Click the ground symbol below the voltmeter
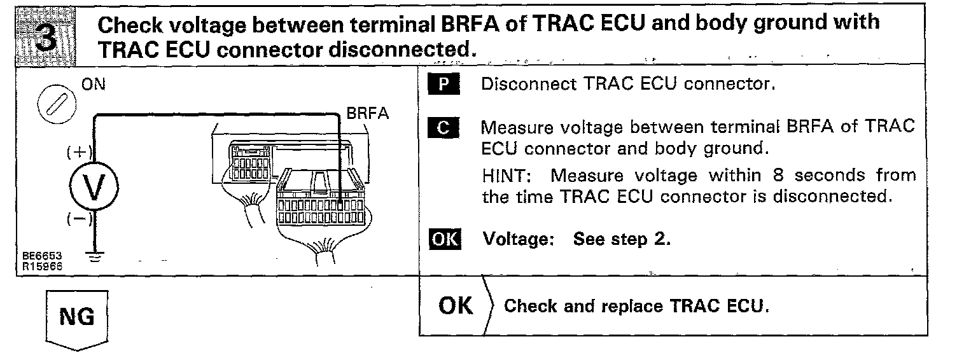(95, 256)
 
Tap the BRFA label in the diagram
(367, 113)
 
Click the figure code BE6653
(37, 255)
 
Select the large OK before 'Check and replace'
(456, 306)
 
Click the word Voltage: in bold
(522, 240)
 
